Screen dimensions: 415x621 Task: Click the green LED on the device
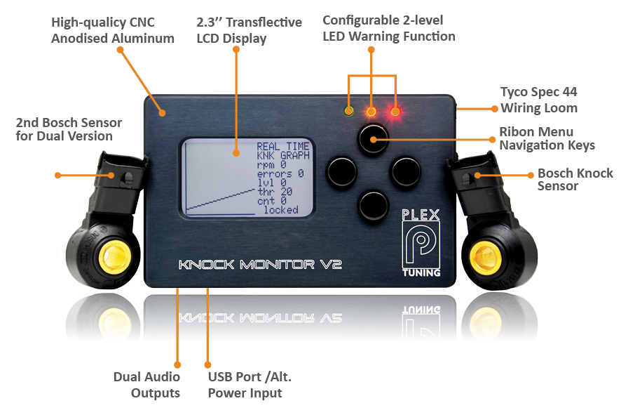348,110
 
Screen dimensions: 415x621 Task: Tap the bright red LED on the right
396,111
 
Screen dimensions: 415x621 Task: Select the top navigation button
372,139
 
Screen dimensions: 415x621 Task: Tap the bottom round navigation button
372,204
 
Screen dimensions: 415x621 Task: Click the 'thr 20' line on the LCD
275,191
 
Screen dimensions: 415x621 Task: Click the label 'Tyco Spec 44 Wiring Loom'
538,100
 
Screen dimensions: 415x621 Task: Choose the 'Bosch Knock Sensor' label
575,179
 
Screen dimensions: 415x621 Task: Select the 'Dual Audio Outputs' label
146,385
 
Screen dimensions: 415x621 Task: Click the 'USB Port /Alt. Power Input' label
250,385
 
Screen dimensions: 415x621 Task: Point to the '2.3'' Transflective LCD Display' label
249,30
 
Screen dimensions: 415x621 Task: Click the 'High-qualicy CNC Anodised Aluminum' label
113,30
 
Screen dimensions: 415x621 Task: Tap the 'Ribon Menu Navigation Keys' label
547,138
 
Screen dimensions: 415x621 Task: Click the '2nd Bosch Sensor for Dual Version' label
69,129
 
